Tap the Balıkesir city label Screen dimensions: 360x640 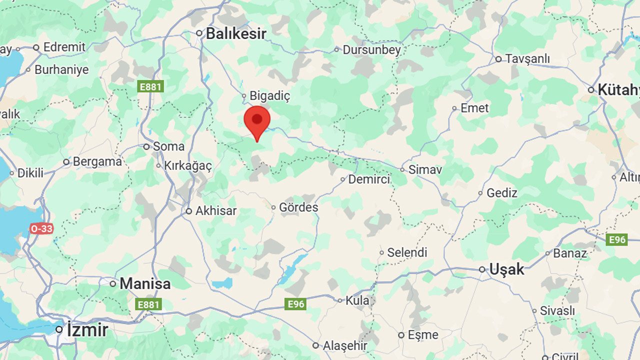pos(235,33)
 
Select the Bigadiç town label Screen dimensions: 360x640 pos(269,95)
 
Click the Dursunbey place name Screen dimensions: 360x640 pos(371,49)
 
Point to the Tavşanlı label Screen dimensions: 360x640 pos(527,59)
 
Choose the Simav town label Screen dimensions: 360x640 pos(425,169)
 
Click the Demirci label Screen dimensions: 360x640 pos(369,179)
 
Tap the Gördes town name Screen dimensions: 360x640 pos(298,207)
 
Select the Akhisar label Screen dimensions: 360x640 pos(215,211)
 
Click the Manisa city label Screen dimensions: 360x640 pos(145,284)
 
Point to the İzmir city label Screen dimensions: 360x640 pos(87,330)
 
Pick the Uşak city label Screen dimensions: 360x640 pos(506,269)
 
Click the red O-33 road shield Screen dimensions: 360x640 pos(41,228)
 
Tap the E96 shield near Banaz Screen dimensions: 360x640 pos(616,240)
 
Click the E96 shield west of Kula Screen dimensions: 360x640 pos(295,304)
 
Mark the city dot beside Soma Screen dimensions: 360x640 pos(146,147)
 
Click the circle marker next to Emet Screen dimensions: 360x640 pos(454,108)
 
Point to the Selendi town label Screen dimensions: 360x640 pos(407,252)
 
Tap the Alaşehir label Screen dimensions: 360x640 pos(345,345)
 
